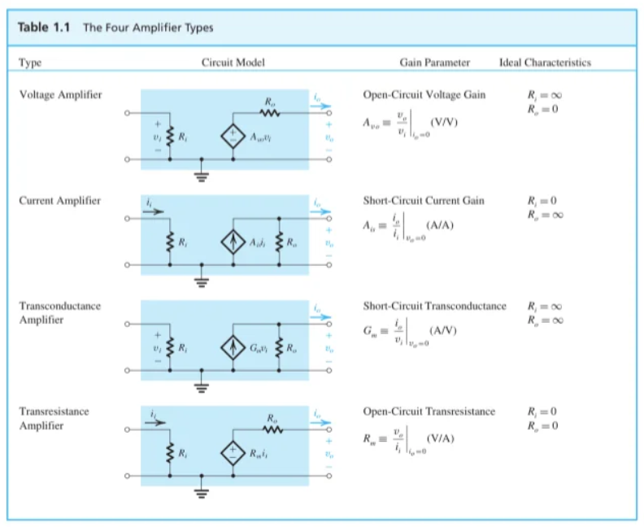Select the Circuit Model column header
(x=233, y=63)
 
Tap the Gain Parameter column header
(x=434, y=63)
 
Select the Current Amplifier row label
(x=59, y=201)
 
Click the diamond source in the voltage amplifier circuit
(x=234, y=136)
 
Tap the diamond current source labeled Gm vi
(x=234, y=346)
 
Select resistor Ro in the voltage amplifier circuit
(x=270, y=113)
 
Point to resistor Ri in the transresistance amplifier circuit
(x=170, y=451)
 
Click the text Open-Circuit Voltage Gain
(x=424, y=94)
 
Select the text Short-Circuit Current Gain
(x=423, y=201)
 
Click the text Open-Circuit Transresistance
(x=429, y=412)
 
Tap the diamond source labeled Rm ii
(x=234, y=451)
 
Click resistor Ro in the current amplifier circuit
(x=281, y=242)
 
